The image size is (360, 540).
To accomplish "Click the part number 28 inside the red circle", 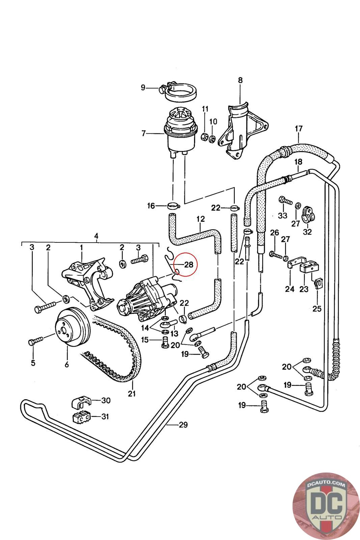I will [x=189, y=265].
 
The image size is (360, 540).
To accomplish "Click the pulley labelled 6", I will [x=72, y=327].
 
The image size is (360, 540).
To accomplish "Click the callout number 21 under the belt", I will [x=132, y=393].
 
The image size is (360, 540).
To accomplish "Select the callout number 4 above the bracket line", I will [x=96, y=236].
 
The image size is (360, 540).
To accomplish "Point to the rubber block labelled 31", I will [x=81, y=417].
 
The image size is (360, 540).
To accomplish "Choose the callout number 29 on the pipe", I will [x=183, y=425].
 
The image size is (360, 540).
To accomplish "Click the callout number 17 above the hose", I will [x=299, y=129].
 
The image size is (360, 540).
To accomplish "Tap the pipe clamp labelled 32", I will [x=307, y=214].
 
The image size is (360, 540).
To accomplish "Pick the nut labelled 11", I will [x=204, y=137].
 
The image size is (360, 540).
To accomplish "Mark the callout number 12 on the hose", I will [x=200, y=219].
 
